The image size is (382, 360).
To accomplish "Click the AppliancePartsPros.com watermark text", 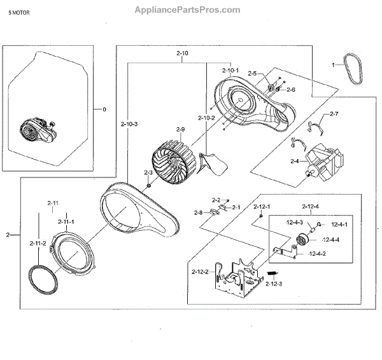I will (x=188, y=10).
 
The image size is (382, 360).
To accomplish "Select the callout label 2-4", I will (x=294, y=162).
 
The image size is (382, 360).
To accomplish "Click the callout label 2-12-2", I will (x=200, y=272).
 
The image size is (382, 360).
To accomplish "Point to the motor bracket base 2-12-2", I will (x=239, y=280).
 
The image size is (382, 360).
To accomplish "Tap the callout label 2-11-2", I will (x=38, y=243).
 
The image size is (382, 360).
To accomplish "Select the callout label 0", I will (x=104, y=109).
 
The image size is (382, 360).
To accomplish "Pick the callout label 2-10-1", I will (x=230, y=70).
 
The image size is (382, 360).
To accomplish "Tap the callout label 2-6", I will (x=290, y=90).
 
